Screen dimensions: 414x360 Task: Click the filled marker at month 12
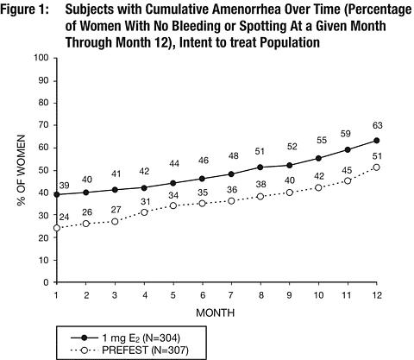(377, 141)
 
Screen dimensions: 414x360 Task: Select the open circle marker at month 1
(57, 228)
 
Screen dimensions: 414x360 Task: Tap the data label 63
(377, 125)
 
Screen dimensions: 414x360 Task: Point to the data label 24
(64, 217)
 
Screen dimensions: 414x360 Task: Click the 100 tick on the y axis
(41, 58)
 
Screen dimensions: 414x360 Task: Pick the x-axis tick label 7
(231, 295)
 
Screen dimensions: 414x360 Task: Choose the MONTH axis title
(216, 313)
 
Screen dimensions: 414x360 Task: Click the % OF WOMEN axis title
(22, 170)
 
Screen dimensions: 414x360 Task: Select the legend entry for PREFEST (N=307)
(129, 351)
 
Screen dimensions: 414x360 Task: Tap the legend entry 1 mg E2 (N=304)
(125, 338)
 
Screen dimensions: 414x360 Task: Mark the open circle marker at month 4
(144, 212)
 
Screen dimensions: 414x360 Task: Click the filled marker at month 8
(260, 167)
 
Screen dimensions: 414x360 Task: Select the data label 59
(345, 134)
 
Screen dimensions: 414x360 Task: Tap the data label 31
(146, 202)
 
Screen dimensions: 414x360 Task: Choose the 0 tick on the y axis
(46, 282)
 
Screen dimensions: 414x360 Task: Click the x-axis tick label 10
(318, 295)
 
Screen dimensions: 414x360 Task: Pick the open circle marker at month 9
(290, 193)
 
